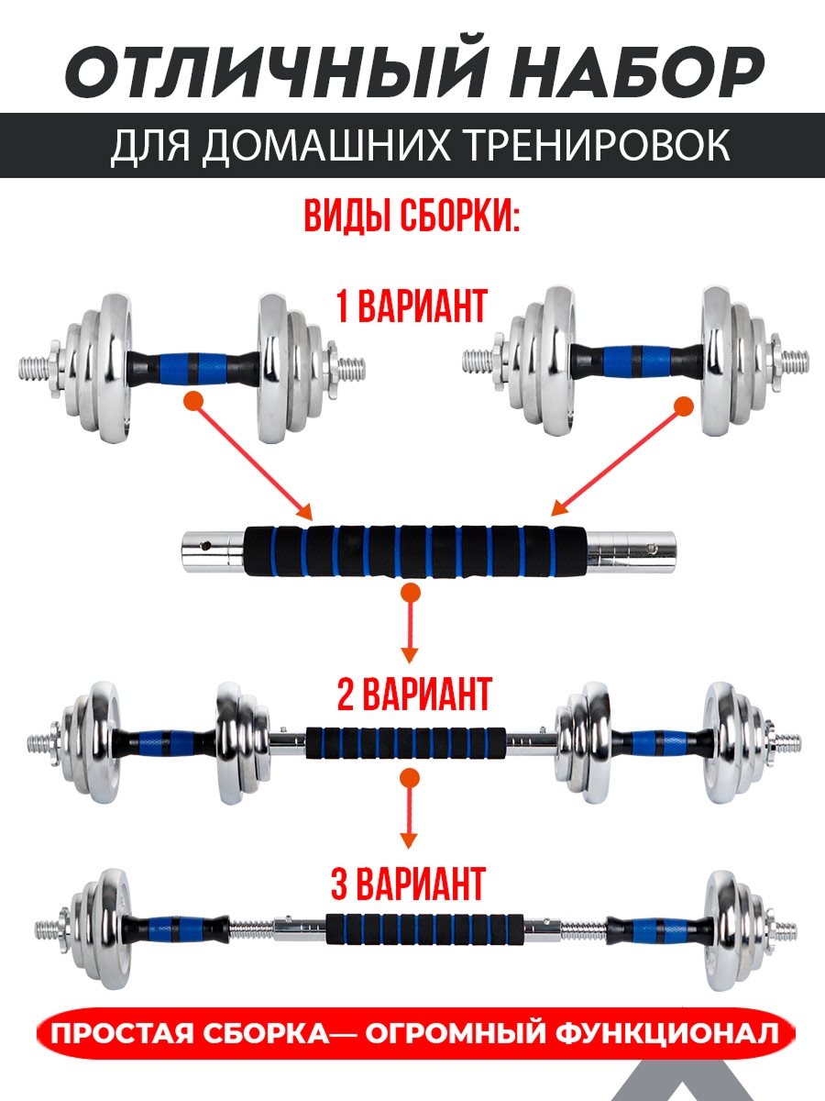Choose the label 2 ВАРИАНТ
coord(413,694)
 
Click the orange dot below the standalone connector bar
coord(411,593)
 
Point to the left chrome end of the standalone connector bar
coord(214,547)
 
